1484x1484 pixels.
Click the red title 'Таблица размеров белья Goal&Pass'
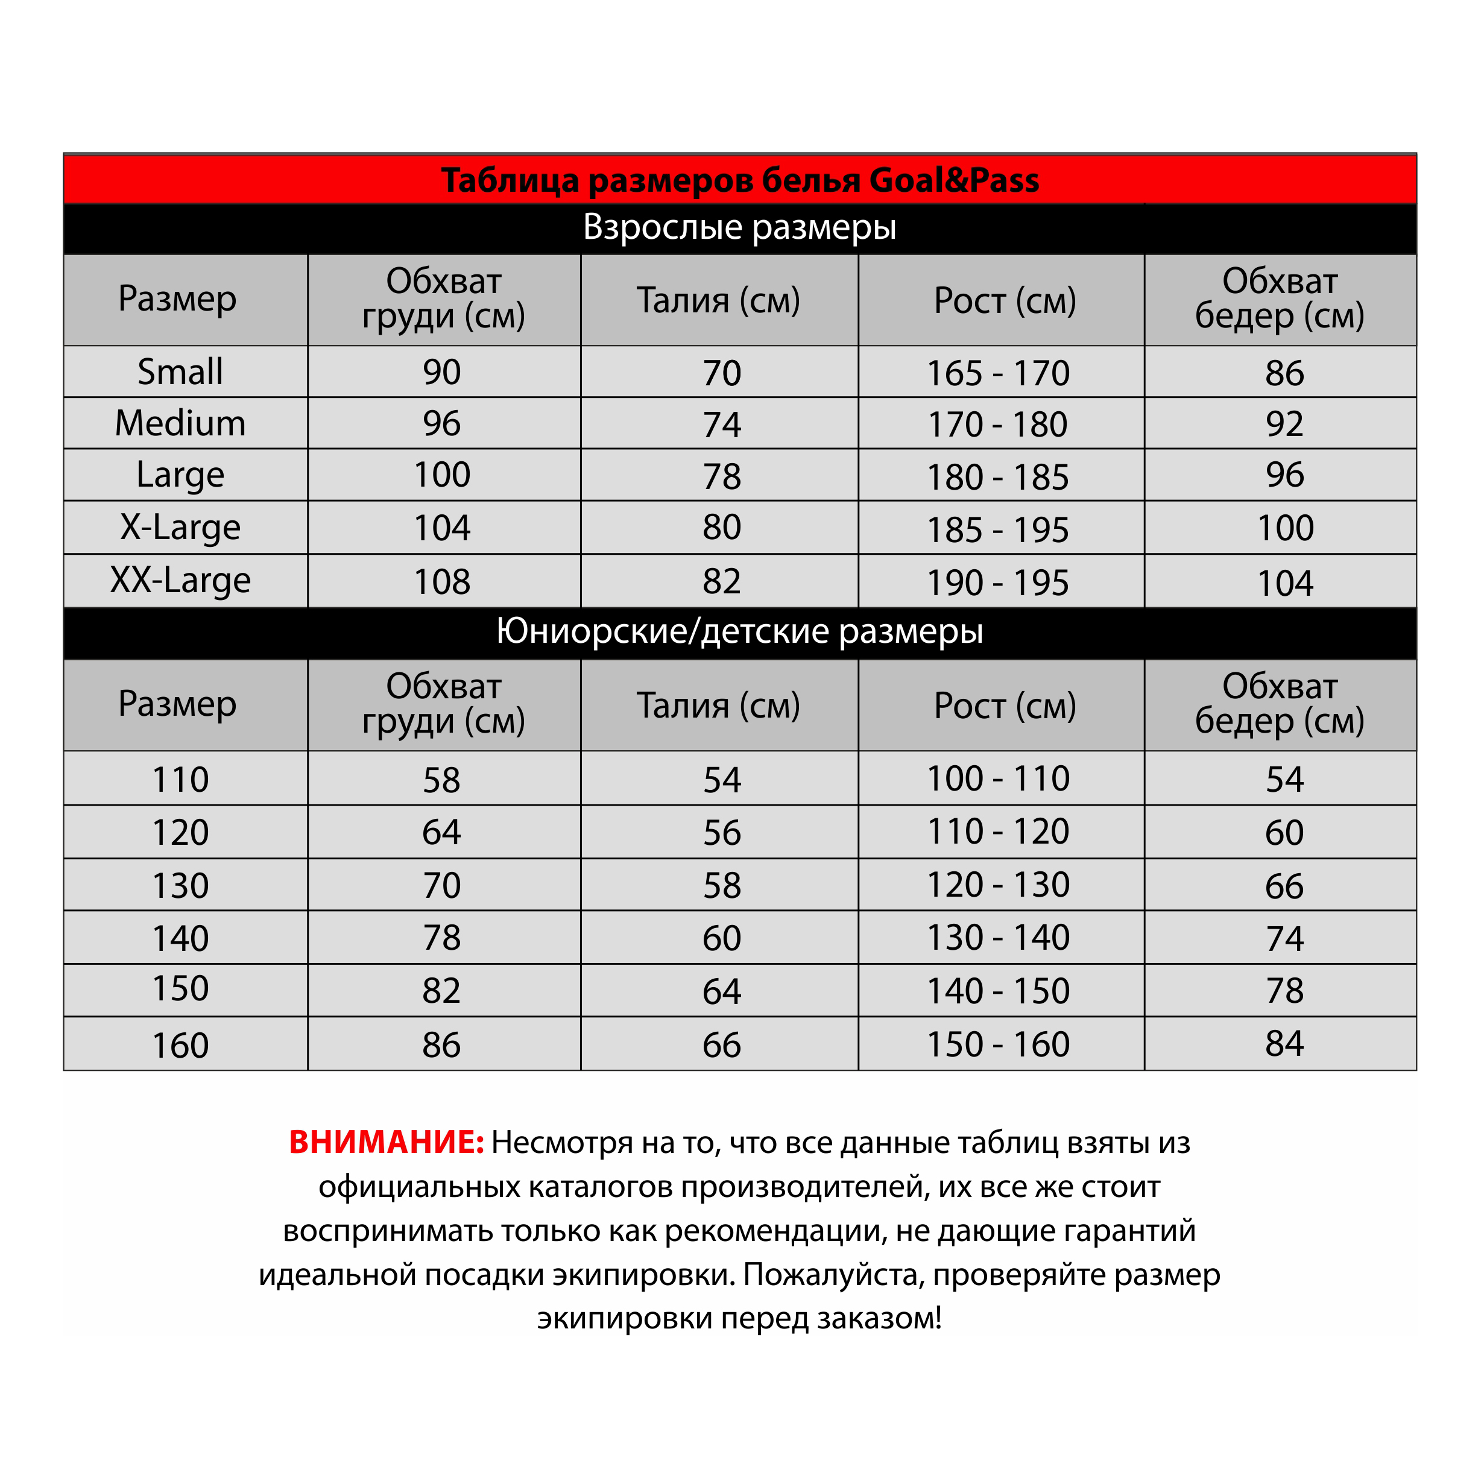pyautogui.click(x=740, y=180)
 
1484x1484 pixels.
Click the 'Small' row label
pyautogui.click(x=180, y=373)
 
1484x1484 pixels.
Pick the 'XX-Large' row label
pyautogui.click(x=180, y=581)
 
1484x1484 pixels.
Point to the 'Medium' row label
pyautogui.click(x=180, y=424)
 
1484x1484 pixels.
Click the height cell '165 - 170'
pyautogui.click(x=999, y=374)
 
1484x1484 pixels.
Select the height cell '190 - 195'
pyautogui.click(x=999, y=583)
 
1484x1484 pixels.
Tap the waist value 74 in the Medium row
pyautogui.click(x=722, y=425)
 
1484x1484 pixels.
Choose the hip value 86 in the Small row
pyautogui.click(x=1285, y=374)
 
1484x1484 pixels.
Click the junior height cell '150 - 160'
pyautogui.click(x=999, y=1044)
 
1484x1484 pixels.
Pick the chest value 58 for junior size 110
pyautogui.click(x=441, y=780)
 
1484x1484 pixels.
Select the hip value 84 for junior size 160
pyautogui.click(x=1285, y=1044)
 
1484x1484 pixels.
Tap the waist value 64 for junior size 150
pyautogui.click(x=722, y=991)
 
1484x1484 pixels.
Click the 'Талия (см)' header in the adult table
pyautogui.click(x=719, y=300)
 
